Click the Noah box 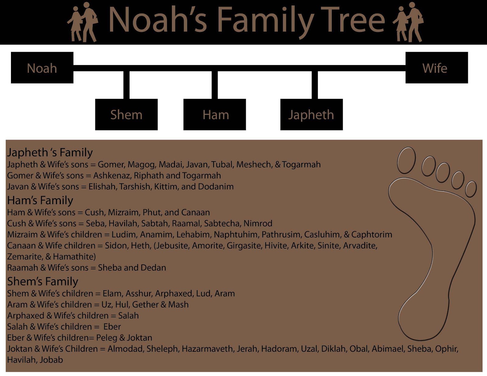coord(42,68)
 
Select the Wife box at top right coord(436,68)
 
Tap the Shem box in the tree coord(126,115)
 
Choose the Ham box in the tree coord(215,115)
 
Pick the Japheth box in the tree coord(311,115)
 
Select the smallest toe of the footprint coord(471,189)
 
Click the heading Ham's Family coord(40,200)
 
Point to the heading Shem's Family coord(43,281)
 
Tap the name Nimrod coord(258,224)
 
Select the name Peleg coord(107,338)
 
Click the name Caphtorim coord(372,235)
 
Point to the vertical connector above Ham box coord(215,85)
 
